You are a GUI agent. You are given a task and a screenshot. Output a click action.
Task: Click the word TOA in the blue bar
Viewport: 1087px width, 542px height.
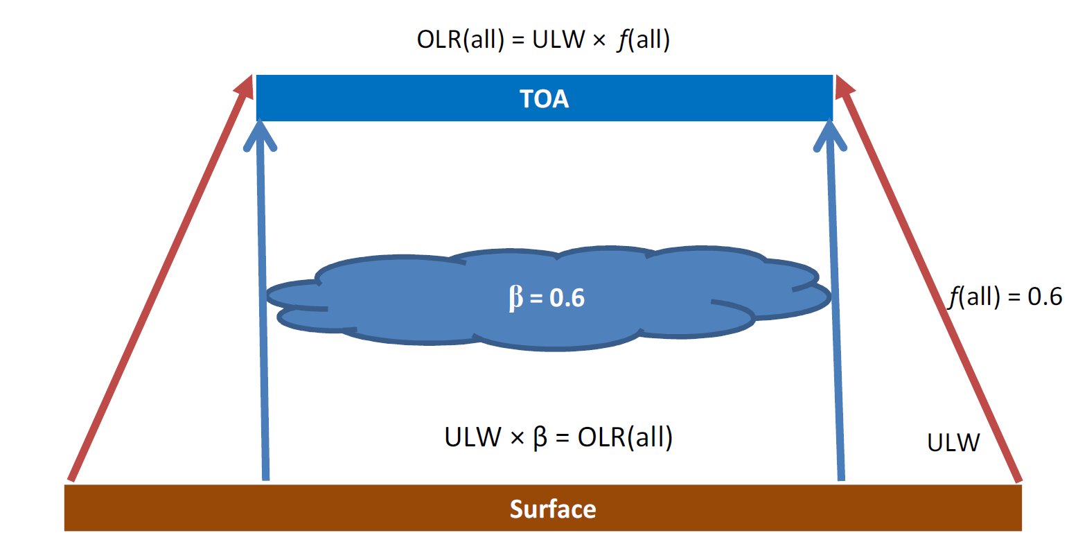point(544,99)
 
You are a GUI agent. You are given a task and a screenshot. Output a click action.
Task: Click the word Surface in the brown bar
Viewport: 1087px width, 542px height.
point(553,509)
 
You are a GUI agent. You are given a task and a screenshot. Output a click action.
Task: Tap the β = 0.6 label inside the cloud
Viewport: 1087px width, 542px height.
point(547,297)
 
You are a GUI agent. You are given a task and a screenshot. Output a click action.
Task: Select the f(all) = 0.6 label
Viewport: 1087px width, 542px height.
point(1005,296)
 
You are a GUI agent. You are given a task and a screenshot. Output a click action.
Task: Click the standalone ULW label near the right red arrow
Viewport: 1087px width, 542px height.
point(953,443)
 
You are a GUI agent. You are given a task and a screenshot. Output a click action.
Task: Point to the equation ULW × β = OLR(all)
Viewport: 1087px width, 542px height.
point(558,437)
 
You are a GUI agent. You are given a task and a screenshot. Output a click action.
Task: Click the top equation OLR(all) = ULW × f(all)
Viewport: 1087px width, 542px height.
point(543,40)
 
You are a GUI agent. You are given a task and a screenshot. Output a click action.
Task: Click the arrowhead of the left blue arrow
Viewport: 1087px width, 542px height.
point(260,136)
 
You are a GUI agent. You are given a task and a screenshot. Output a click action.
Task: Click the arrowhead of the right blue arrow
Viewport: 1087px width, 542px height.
point(830,136)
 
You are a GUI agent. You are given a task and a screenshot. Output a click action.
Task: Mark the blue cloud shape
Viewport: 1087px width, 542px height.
point(549,298)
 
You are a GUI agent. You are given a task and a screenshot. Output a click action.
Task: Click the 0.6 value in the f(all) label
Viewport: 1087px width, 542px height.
point(1045,296)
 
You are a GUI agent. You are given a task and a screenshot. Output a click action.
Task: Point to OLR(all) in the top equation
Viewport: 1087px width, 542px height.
point(461,40)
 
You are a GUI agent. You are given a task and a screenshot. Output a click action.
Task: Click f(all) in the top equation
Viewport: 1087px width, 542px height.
point(644,40)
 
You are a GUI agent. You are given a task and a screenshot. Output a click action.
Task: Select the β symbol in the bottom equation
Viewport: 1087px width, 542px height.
point(540,437)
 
